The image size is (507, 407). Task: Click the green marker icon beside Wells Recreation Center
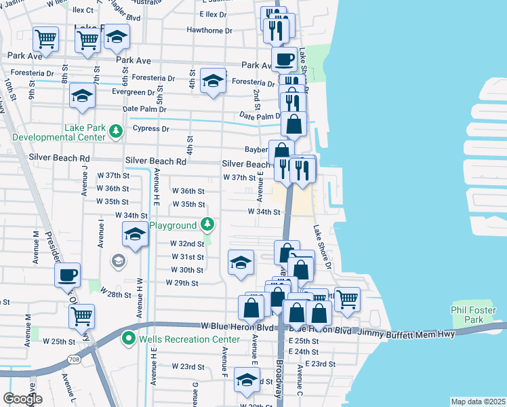127,337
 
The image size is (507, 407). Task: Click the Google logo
22,399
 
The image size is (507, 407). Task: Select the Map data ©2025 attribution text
478,402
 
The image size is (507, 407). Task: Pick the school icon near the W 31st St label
241,262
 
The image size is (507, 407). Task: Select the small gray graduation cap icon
118,260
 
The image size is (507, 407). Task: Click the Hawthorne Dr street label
209,31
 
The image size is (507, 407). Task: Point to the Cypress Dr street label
150,128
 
